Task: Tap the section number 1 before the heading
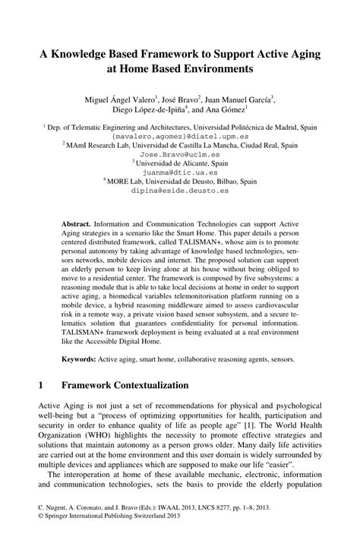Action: click(39, 386)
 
